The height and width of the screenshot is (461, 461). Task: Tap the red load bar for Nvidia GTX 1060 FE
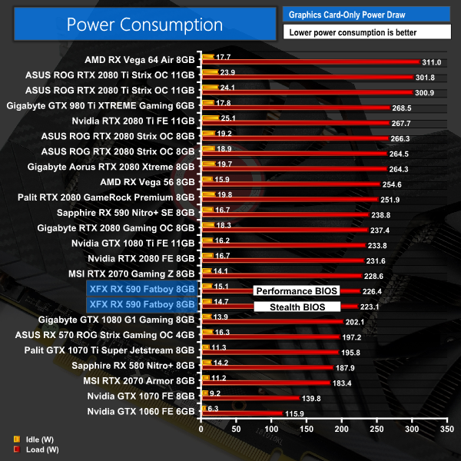pyautogui.click(x=239, y=413)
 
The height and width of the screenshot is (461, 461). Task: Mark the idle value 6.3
pyautogui.click(x=213, y=409)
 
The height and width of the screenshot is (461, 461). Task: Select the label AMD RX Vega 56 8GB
pyautogui.click(x=148, y=182)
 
